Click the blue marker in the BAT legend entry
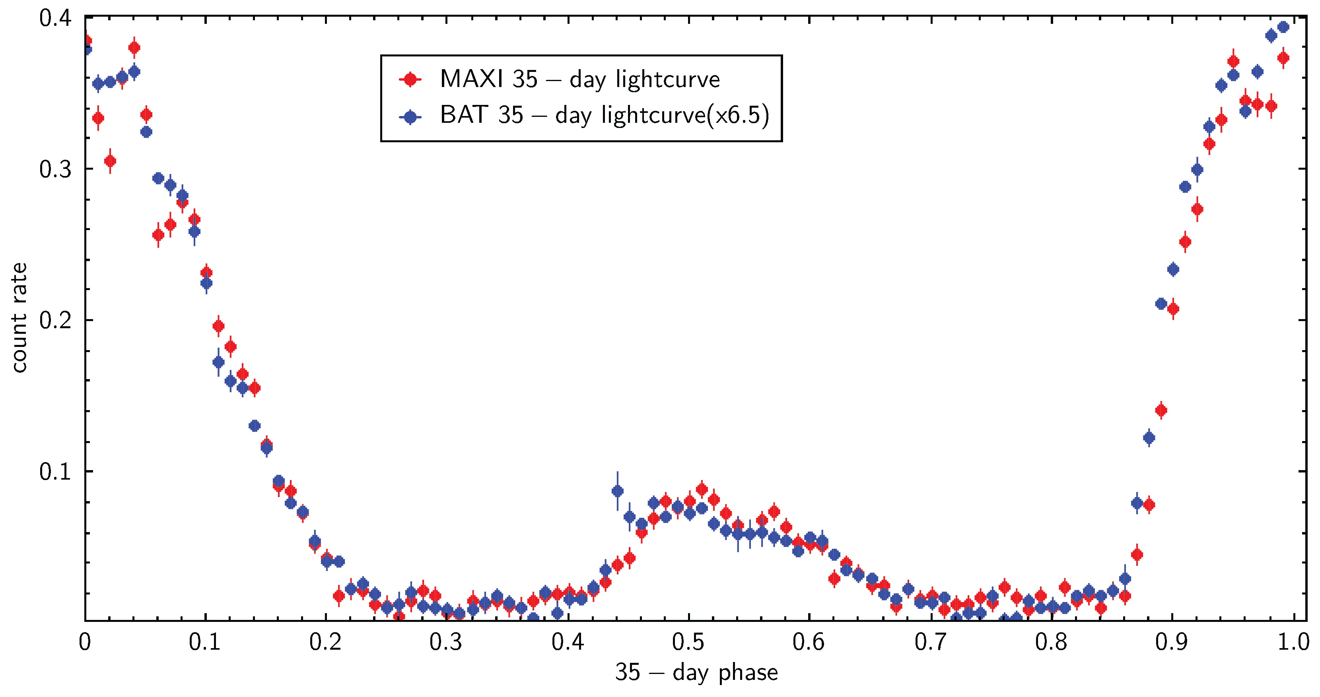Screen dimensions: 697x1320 point(410,117)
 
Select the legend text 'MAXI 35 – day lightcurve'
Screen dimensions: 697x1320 point(579,79)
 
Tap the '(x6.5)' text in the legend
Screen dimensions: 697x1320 point(738,115)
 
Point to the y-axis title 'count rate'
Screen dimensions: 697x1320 point(19,318)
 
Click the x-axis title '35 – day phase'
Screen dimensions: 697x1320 point(696,672)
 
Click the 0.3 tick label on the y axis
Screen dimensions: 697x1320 point(55,169)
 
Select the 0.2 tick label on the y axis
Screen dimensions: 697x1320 point(55,320)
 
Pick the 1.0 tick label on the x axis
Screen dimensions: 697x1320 point(1293,642)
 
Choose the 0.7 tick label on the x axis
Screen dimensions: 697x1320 point(930,642)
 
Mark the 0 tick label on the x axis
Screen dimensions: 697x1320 point(85,642)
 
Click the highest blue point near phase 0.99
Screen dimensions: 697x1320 point(1283,27)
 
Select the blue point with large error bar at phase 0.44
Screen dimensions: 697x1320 point(618,491)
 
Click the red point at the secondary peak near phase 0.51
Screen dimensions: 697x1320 point(702,489)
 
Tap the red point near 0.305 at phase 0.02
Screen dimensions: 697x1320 point(110,161)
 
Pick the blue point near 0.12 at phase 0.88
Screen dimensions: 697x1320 point(1149,438)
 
